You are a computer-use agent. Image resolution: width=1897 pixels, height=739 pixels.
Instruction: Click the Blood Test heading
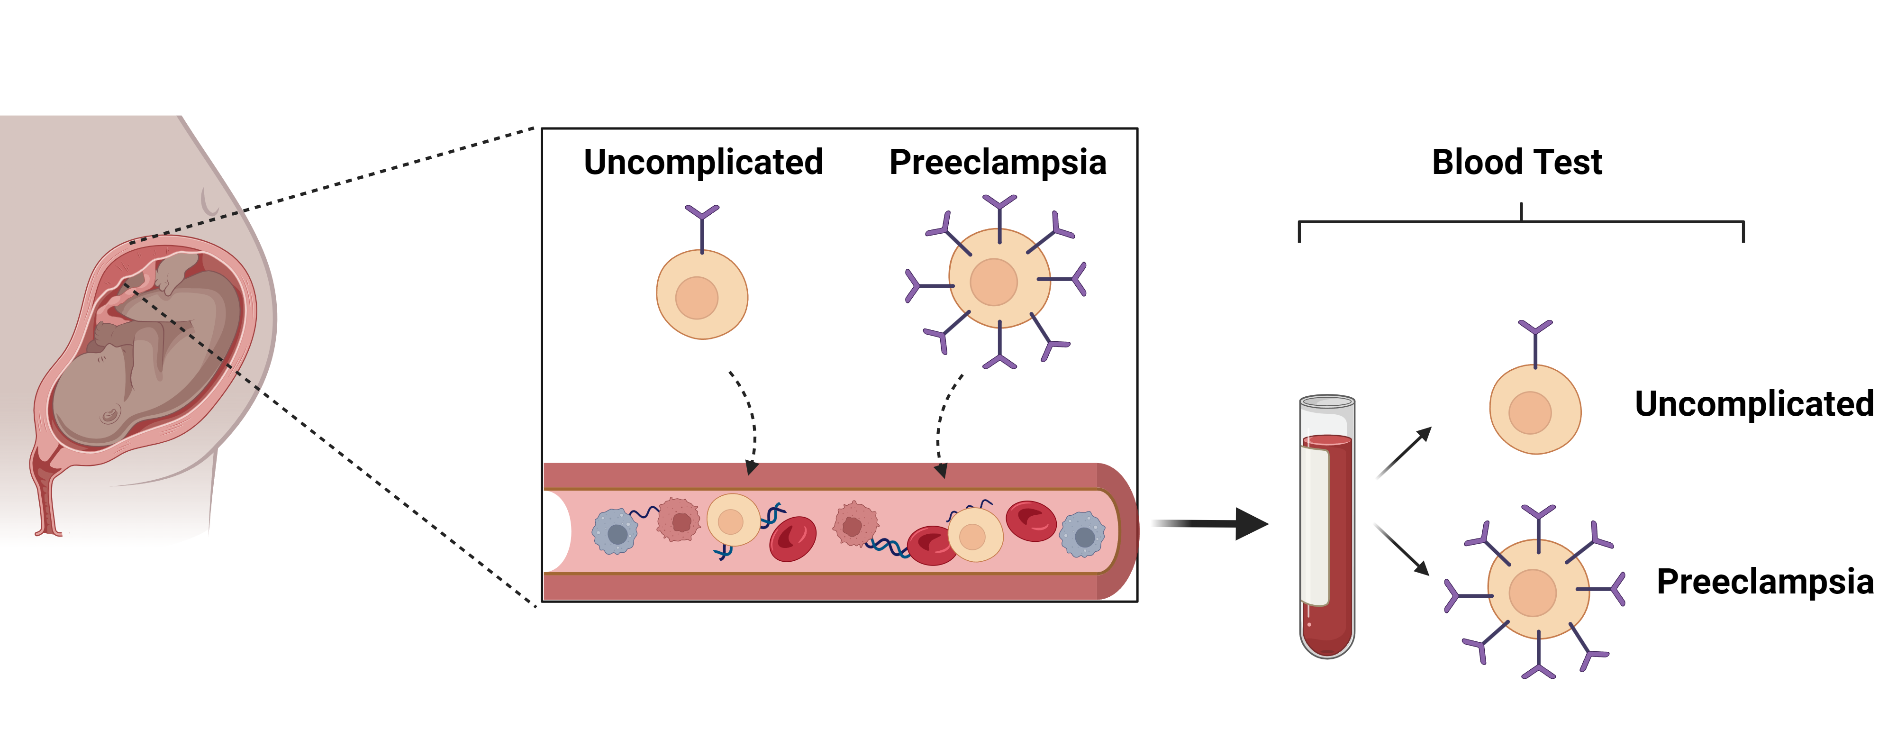[1516, 162]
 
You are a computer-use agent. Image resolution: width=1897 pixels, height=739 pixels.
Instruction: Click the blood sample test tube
[1327, 527]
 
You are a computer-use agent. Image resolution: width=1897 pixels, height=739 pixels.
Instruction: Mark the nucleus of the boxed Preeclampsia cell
[993, 282]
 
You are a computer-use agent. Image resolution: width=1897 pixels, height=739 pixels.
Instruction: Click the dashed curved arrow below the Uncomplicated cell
[747, 420]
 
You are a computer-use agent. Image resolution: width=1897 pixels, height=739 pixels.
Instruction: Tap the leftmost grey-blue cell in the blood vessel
[615, 532]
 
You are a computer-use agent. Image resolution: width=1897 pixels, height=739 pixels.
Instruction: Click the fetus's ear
[110, 416]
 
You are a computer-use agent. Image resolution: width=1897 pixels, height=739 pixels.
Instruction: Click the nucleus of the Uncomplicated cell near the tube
[1530, 412]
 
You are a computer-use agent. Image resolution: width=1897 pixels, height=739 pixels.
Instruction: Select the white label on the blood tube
[1315, 526]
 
